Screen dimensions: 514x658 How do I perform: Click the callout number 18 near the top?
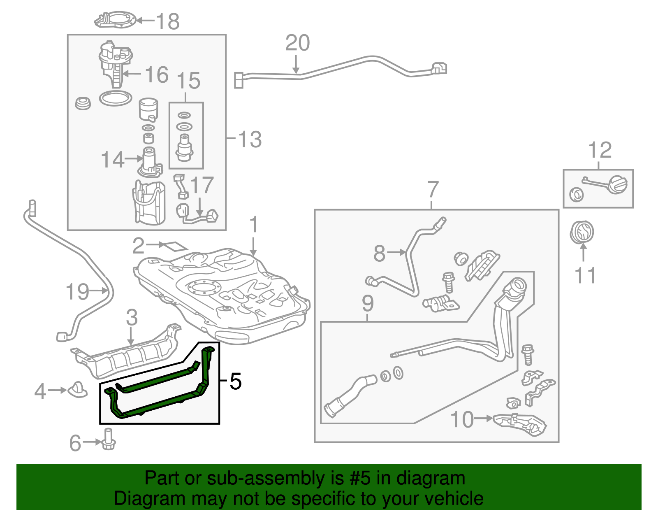[167, 21]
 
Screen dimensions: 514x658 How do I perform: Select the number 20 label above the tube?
[297, 43]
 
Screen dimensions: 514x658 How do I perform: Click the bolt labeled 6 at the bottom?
[109, 440]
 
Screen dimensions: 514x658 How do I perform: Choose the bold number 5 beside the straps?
[236, 381]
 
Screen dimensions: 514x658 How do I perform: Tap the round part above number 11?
[582, 232]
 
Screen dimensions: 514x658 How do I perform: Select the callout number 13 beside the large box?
[250, 139]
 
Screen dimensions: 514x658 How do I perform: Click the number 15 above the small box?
[189, 81]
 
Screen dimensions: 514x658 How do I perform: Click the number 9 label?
[368, 304]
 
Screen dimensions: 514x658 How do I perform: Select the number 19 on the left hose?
[77, 292]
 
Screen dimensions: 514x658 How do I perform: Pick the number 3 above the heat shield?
[132, 317]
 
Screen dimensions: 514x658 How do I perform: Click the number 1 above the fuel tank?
[254, 225]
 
